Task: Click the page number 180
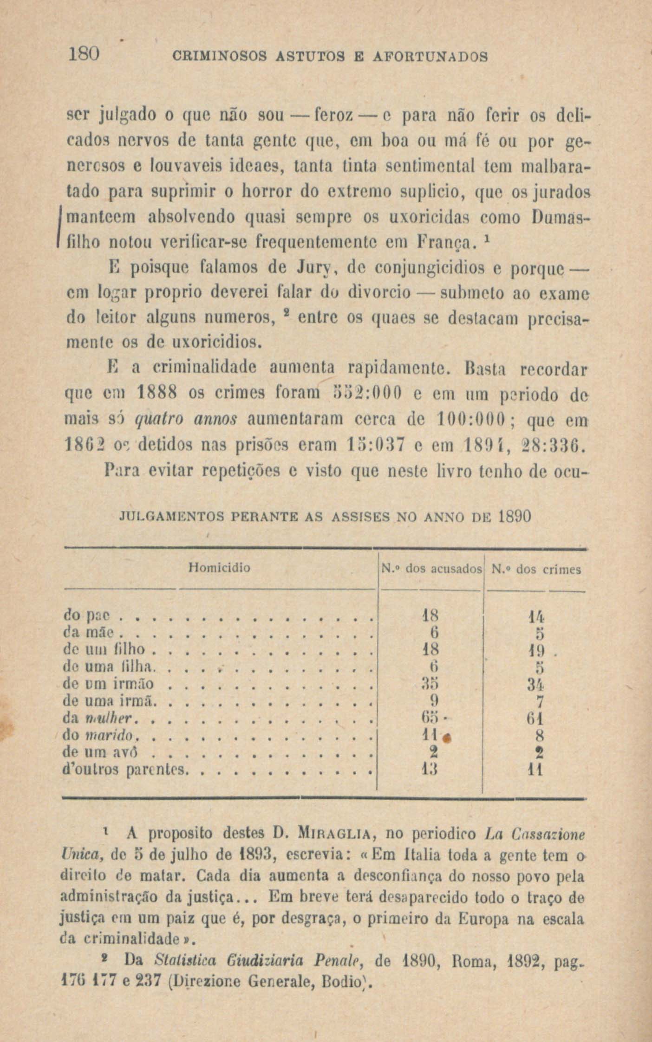tap(84, 56)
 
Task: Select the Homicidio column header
tap(220, 568)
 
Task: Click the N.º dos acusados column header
tap(431, 569)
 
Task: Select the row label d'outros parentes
tap(125, 771)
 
